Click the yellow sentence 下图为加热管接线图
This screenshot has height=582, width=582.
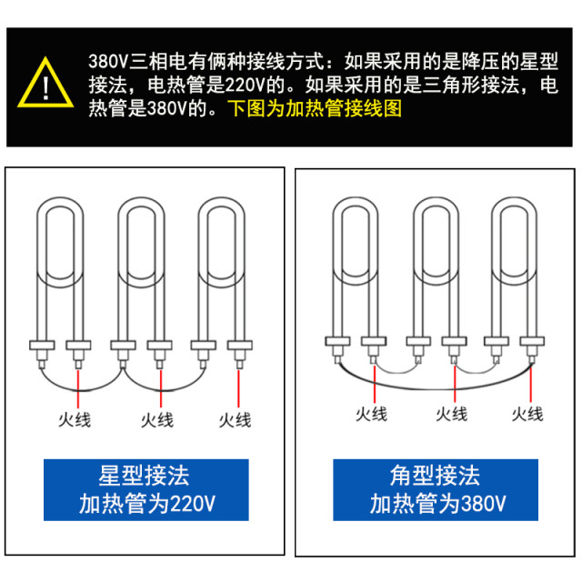pyautogui.click(x=314, y=110)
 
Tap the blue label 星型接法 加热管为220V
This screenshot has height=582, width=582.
pyautogui.click(x=146, y=489)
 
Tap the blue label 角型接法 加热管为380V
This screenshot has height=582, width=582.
pyautogui.click(x=437, y=489)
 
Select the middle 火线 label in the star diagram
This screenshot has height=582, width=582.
pyautogui.click(x=156, y=419)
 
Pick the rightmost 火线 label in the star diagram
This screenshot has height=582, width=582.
pyautogui.click(x=236, y=419)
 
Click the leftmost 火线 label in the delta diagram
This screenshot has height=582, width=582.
pyautogui.click(x=371, y=414)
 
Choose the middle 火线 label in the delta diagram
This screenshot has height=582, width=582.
pyautogui.click(x=451, y=414)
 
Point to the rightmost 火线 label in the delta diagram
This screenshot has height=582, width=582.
pyautogui.click(x=527, y=414)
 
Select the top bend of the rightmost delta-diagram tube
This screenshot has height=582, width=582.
pyautogui.click(x=513, y=204)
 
